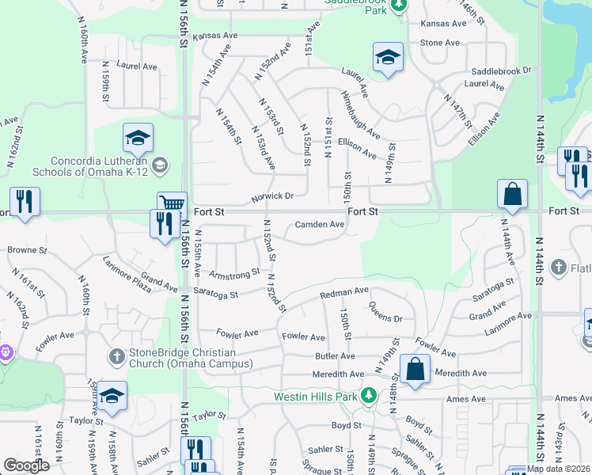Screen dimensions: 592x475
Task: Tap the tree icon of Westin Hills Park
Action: click(x=368, y=395)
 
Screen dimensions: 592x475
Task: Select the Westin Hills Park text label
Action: click(x=316, y=396)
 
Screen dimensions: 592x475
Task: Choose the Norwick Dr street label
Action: click(x=273, y=196)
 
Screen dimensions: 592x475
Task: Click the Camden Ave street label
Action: click(x=320, y=225)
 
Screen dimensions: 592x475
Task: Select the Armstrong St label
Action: click(x=234, y=274)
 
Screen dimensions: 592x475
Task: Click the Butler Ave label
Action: click(x=335, y=357)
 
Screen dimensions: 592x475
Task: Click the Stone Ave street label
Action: click(x=439, y=43)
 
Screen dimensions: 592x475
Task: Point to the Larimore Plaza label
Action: click(x=127, y=274)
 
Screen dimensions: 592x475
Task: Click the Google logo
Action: click(x=26, y=465)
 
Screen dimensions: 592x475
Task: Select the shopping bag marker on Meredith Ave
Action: click(x=415, y=370)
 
